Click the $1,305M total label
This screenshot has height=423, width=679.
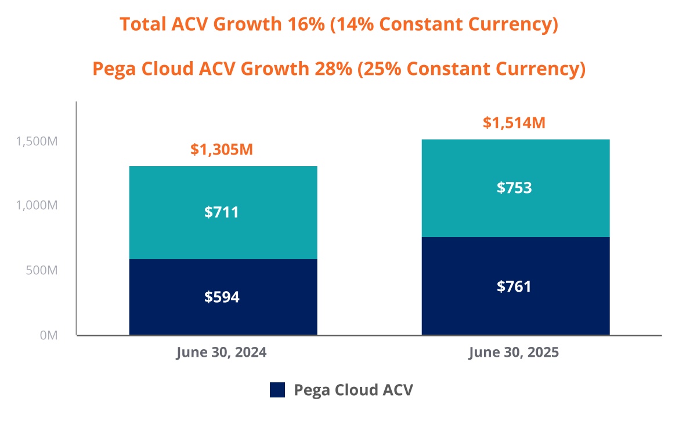pyautogui.click(x=222, y=150)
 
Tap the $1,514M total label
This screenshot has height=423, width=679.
pyautogui.click(x=514, y=123)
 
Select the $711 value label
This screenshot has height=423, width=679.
pyautogui.click(x=222, y=213)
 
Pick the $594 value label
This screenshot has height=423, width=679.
pyautogui.click(x=222, y=297)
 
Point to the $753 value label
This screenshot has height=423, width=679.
pyautogui.click(x=514, y=188)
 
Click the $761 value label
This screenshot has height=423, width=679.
pyautogui.click(x=514, y=286)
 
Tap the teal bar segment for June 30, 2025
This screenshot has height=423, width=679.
pyautogui.click(x=515, y=163)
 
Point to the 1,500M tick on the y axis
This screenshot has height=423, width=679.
pyautogui.click(x=37, y=141)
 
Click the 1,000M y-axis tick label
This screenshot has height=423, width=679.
pyautogui.click(x=37, y=206)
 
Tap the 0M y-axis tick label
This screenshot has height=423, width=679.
pyautogui.click(x=48, y=335)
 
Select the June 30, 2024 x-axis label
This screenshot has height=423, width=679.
pyautogui.click(x=222, y=353)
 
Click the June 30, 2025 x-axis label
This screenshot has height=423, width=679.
pyautogui.click(x=514, y=353)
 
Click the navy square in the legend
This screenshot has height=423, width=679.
pyautogui.click(x=277, y=390)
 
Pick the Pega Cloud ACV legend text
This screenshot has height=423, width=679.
pyautogui.click(x=353, y=390)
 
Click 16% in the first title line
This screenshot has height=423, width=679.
pyautogui.click(x=305, y=24)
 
